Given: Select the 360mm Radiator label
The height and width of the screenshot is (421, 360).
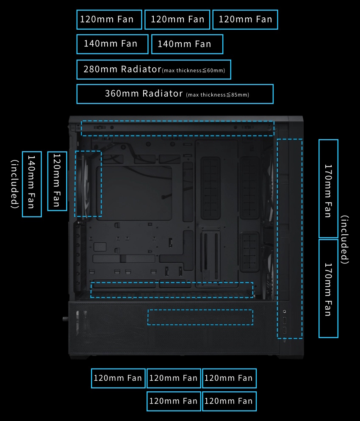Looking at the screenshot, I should (x=144, y=94).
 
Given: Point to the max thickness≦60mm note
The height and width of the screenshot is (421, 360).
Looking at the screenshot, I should (x=194, y=70).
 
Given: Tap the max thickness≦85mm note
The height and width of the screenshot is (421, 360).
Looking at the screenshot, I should (x=218, y=95).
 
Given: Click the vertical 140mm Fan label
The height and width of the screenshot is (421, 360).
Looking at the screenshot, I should (x=32, y=184).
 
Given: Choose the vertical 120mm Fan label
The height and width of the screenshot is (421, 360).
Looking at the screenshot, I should (x=57, y=181).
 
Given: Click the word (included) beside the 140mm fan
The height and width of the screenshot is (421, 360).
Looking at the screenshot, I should (x=15, y=184).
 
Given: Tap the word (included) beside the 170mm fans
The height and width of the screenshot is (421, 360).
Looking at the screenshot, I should (x=345, y=239).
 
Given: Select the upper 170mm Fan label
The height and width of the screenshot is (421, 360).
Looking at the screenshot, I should (x=328, y=188).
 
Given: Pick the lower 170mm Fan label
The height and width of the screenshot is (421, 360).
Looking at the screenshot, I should (x=328, y=289).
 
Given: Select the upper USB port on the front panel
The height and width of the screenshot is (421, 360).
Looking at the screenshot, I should (x=285, y=320).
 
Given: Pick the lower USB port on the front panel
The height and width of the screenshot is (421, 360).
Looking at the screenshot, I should (x=285, y=330).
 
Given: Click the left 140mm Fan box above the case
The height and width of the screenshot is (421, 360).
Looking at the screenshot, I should (x=112, y=44).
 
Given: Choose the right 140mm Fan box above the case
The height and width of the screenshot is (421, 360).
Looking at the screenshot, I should (x=187, y=44).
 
